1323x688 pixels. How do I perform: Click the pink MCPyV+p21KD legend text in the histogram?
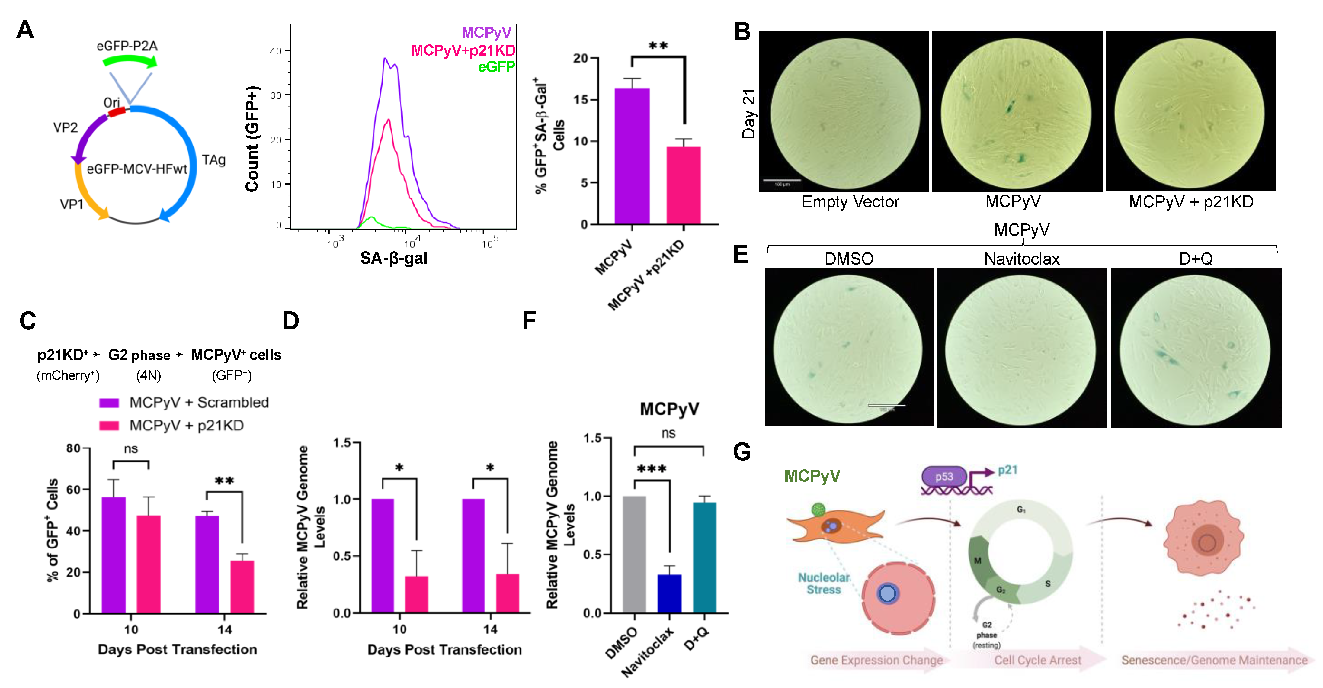pos(463,50)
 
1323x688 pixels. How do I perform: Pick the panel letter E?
pos(741,255)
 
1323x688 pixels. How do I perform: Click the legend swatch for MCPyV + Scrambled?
pos(109,402)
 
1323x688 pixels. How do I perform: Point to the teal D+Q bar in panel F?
pos(704,558)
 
